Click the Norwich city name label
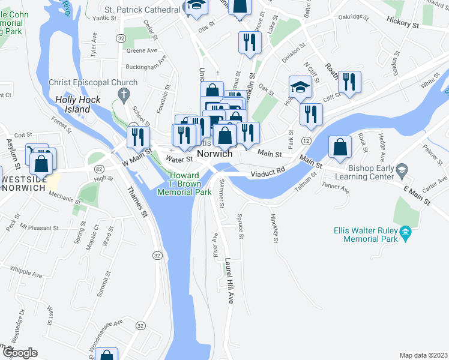point(214,154)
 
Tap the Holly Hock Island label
point(72,105)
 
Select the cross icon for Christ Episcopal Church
point(124,94)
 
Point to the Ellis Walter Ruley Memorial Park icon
point(405,232)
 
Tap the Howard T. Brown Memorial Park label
point(184,184)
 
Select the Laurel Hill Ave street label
point(228,281)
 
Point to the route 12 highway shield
point(306,140)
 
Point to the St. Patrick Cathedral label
point(142,10)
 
